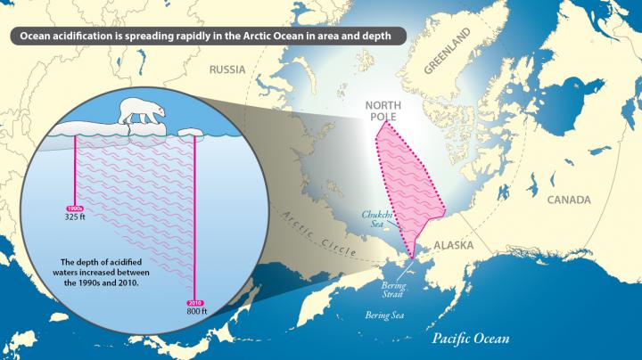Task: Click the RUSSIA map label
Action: [226, 70]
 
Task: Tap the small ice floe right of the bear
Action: [191, 133]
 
